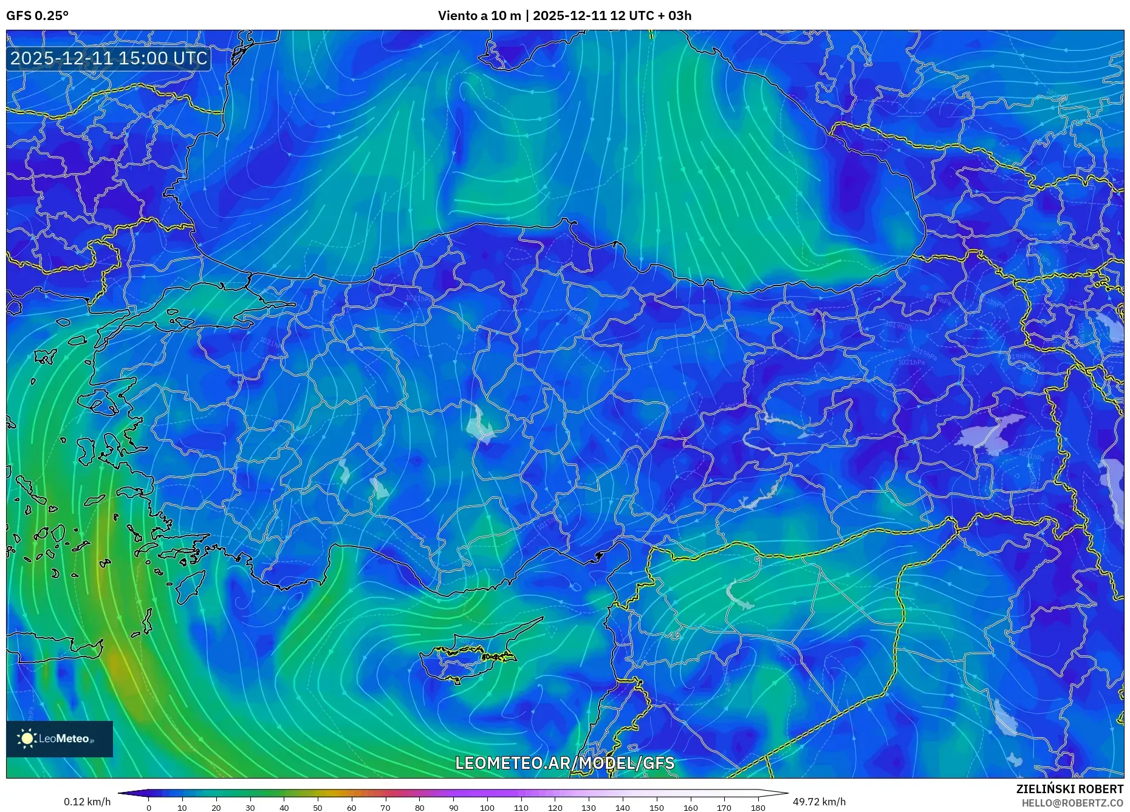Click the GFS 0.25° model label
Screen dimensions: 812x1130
[x=37, y=16]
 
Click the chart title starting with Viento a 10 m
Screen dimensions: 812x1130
[x=564, y=16]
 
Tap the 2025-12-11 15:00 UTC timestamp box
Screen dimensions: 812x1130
[x=109, y=58]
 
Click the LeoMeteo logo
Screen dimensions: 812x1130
[x=60, y=739]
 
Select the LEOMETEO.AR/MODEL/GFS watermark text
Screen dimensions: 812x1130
[x=564, y=763]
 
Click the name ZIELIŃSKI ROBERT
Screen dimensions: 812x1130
[x=1069, y=789]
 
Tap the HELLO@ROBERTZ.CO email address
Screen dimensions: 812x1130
[x=1072, y=803]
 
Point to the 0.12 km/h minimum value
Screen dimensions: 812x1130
[x=87, y=802]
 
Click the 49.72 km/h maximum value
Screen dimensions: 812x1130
[x=819, y=802]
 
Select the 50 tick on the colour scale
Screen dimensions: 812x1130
[x=318, y=808]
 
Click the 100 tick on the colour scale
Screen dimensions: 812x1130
[x=487, y=808]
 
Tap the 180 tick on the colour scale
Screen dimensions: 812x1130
[x=758, y=808]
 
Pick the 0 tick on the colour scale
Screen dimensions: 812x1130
[x=149, y=808]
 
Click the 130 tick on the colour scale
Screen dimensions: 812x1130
[x=588, y=808]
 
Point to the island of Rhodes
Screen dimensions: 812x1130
[x=191, y=584]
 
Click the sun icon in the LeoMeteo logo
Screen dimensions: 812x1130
[x=27, y=739]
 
